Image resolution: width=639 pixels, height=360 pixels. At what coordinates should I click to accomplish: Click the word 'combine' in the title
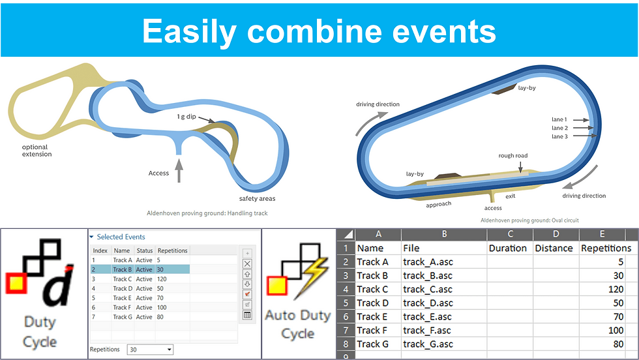[x=315, y=31]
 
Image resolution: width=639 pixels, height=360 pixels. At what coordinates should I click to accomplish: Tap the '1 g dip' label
[x=186, y=117]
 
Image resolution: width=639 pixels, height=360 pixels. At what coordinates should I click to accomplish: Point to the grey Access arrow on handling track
[x=179, y=170]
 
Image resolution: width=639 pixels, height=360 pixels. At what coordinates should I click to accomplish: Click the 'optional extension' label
[x=37, y=151]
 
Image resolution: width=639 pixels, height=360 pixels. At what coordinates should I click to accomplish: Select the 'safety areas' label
[x=257, y=198]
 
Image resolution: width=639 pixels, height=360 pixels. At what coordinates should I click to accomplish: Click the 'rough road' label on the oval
[x=513, y=155]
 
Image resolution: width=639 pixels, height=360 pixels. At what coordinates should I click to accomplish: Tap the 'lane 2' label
[x=559, y=128]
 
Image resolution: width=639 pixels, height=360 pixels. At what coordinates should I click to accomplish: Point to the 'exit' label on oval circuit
[x=510, y=196]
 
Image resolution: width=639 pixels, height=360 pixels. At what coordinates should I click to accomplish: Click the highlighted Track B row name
[x=123, y=269]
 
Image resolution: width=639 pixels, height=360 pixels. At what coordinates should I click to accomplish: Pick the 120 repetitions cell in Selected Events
[x=162, y=279]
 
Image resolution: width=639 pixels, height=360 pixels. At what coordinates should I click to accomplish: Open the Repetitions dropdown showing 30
[x=150, y=350]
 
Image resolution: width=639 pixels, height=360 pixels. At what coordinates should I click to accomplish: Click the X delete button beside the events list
[x=247, y=263]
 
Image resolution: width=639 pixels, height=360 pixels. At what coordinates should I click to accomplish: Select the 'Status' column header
[x=144, y=250]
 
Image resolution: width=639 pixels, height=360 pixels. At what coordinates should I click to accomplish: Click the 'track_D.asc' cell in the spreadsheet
[x=428, y=303]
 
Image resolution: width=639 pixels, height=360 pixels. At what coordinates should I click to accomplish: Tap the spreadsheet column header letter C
[x=510, y=234]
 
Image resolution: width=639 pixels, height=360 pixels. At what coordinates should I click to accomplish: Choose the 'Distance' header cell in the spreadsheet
[x=554, y=248]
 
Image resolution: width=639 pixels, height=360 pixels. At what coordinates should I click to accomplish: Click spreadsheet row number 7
[x=346, y=330]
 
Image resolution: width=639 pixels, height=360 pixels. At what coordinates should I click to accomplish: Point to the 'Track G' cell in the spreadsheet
[x=372, y=344]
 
